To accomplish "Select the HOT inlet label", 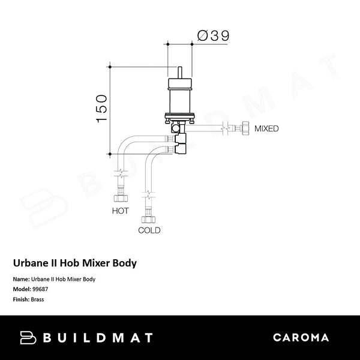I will [121, 211].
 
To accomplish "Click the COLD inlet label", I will [149, 230].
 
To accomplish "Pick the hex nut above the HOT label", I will [121, 198].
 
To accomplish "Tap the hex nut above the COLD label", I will [146, 217].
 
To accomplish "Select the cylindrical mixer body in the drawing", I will [180, 96].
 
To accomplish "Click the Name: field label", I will [20, 280].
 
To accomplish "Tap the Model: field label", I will [22, 289].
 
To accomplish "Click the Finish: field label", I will [22, 298].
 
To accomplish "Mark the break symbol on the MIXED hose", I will [223, 127].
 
